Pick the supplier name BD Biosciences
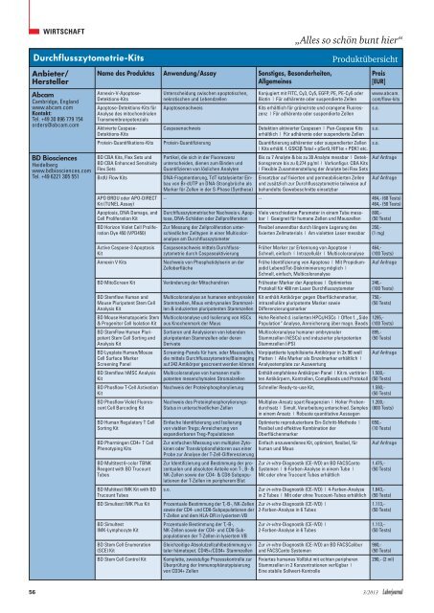tap(40, 183)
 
